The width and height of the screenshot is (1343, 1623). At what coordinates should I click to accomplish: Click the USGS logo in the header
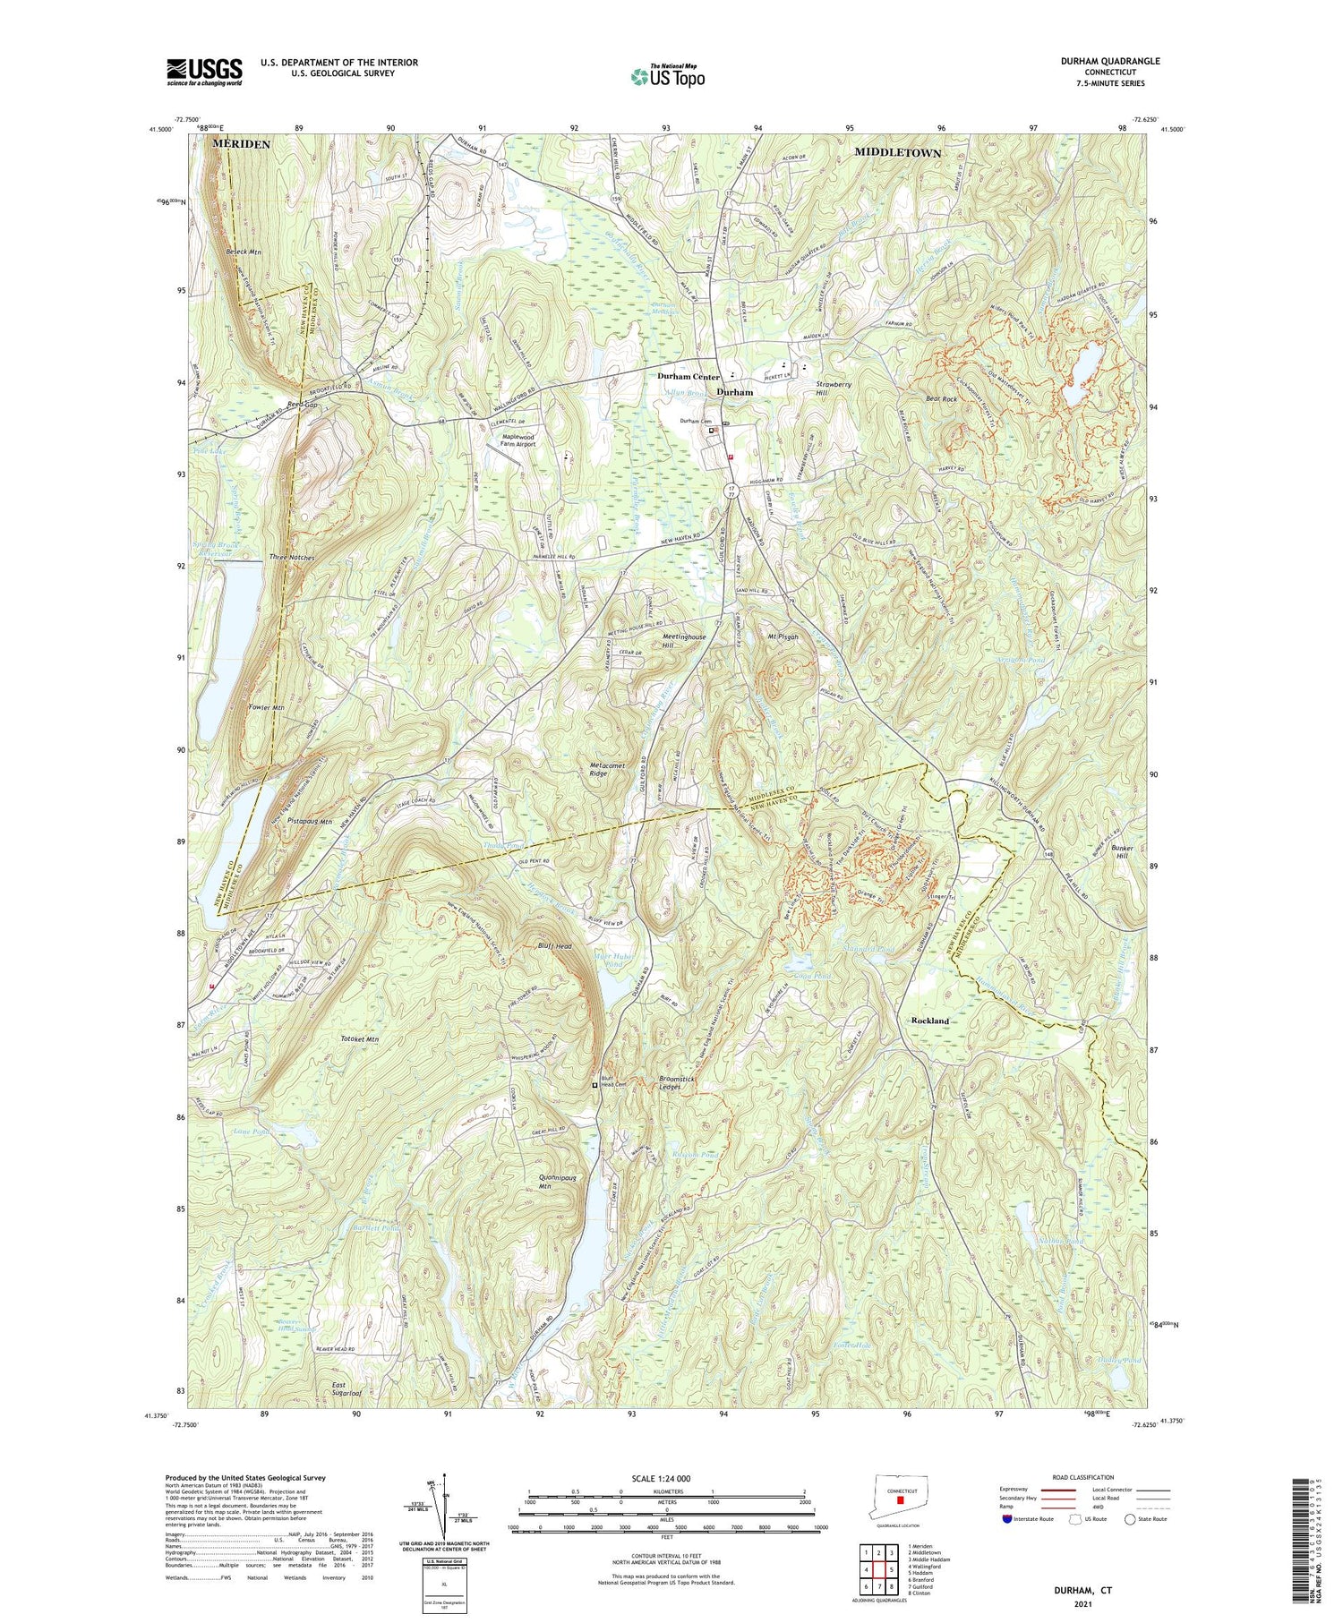[x=204, y=72]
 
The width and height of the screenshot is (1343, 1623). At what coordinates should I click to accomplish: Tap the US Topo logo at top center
[x=668, y=76]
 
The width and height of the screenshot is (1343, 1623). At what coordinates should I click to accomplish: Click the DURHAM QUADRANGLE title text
[x=1109, y=61]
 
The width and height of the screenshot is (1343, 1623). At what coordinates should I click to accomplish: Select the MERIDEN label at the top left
[x=241, y=144]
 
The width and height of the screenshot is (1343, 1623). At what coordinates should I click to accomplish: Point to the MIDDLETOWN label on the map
[x=897, y=153]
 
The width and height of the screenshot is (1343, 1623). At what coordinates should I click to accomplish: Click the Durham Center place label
[x=689, y=377]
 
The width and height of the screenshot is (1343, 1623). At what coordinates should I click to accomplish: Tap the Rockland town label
[x=929, y=1021]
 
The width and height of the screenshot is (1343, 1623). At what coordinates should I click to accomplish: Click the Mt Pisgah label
[x=783, y=636]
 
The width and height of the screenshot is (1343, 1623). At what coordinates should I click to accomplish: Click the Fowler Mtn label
[x=266, y=707]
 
